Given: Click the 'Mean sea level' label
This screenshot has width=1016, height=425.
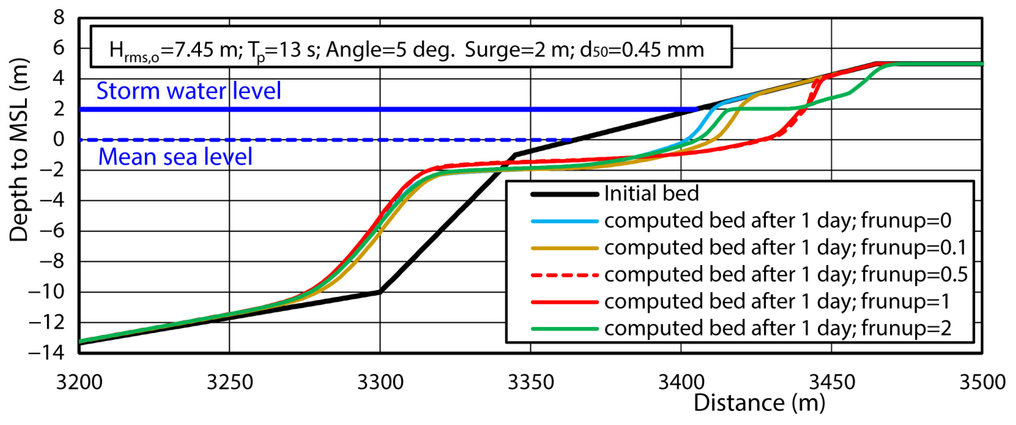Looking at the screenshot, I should [175, 157].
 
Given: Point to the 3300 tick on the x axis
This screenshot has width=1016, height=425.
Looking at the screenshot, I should [380, 382].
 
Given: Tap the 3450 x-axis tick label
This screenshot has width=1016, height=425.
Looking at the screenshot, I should [832, 382].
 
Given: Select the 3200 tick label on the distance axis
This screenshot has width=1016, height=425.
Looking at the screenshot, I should [79, 382].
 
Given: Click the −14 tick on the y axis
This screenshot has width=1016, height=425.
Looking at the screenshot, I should [47, 352].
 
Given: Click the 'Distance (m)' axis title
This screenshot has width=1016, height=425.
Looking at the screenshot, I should [759, 403].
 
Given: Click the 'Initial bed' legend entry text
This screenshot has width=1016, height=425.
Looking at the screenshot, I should [651, 194].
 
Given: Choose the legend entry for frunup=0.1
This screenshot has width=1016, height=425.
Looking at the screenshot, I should [785, 247].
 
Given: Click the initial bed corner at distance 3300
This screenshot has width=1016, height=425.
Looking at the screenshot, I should [380, 292].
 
